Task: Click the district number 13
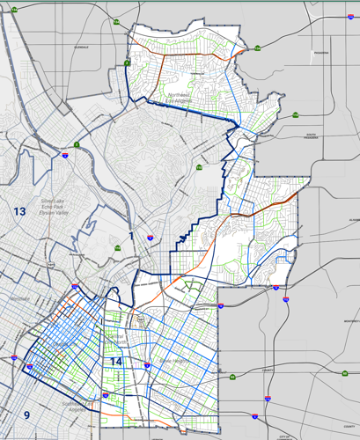point(19,211)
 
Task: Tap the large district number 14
point(115,362)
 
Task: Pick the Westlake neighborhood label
point(19,300)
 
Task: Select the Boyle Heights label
point(173,360)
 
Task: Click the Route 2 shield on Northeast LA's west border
point(128,62)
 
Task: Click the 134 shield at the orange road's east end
point(258,48)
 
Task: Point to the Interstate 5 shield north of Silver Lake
point(77,143)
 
